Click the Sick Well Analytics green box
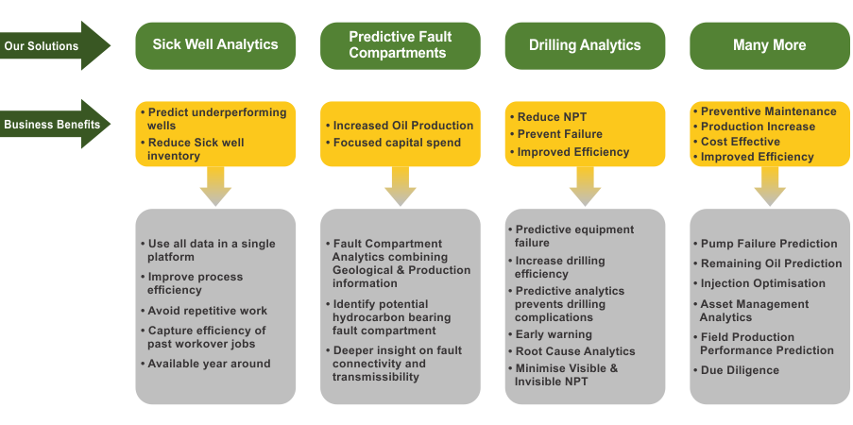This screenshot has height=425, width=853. [215, 44]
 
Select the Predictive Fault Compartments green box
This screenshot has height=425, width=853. [400, 44]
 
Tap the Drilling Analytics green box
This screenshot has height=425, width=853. [584, 44]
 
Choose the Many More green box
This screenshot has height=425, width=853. [769, 44]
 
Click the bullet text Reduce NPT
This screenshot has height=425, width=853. [553, 117]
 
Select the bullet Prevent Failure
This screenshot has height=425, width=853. [560, 134]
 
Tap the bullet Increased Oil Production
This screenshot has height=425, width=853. [403, 126]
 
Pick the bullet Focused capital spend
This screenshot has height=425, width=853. [397, 143]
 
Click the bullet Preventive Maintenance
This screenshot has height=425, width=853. [768, 111]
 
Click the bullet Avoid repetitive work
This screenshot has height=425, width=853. [208, 311]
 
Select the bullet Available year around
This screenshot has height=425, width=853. [209, 364]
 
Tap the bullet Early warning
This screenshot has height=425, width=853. [554, 334]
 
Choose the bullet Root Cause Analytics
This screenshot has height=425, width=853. [575, 351]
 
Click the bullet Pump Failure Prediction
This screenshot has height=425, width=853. [769, 244]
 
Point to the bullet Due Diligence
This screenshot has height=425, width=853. [740, 370]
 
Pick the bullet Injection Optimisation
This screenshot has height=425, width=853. [762, 283]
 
